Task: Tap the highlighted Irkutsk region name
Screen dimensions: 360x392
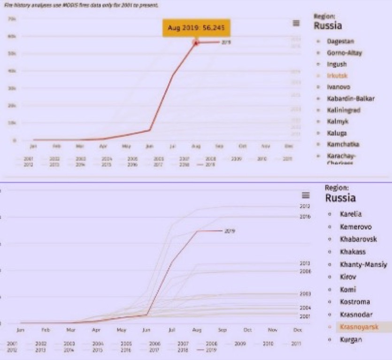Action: [x=337, y=76]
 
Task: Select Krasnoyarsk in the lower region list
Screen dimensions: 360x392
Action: [x=359, y=327]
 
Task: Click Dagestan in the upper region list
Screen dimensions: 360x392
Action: [x=340, y=41]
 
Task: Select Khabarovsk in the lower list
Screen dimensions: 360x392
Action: [x=358, y=239]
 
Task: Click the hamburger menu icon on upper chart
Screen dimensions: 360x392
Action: [x=296, y=23]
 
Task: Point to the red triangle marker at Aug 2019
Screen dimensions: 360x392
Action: [x=196, y=43]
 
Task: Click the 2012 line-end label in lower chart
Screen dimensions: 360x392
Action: [x=305, y=207]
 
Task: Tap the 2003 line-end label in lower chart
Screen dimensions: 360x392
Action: [x=305, y=294]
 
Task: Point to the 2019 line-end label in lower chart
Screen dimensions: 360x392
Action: [x=230, y=231]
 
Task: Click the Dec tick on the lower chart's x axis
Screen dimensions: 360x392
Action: [x=297, y=330]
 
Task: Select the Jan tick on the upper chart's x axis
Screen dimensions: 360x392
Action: [x=33, y=146]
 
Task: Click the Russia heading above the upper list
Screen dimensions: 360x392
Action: [x=328, y=25]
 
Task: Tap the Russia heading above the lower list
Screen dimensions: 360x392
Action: [x=340, y=198]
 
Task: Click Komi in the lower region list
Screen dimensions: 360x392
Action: [x=348, y=290]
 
